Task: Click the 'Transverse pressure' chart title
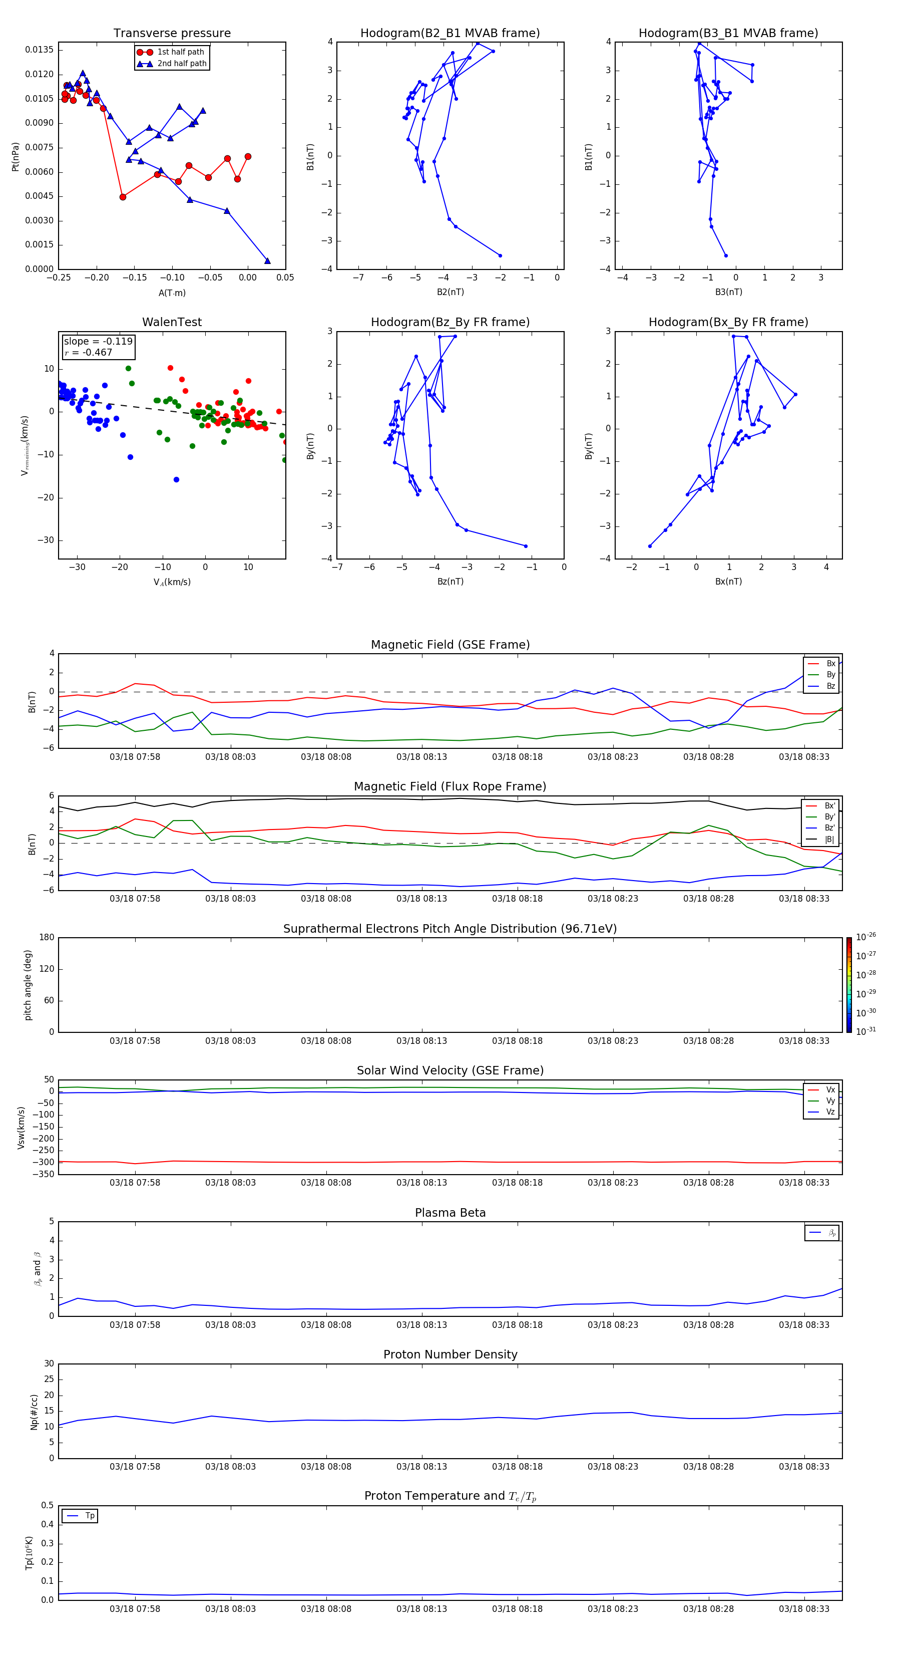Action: coord(172,34)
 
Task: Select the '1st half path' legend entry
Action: coord(180,52)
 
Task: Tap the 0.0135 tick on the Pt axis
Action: coord(39,50)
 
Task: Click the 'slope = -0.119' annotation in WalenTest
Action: coord(98,342)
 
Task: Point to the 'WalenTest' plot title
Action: coord(172,322)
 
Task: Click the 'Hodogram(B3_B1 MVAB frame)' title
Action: coord(728,34)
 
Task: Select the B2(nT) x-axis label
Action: coord(450,292)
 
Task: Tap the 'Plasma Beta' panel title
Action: coord(450,1213)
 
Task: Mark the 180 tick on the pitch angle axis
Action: coord(47,938)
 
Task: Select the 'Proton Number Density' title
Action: coord(450,1354)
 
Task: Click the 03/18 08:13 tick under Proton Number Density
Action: coord(421,1466)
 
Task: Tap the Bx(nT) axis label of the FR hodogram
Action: coord(728,582)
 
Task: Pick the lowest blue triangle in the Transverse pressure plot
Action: coord(267,260)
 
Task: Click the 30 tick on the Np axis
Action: coord(49,1364)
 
